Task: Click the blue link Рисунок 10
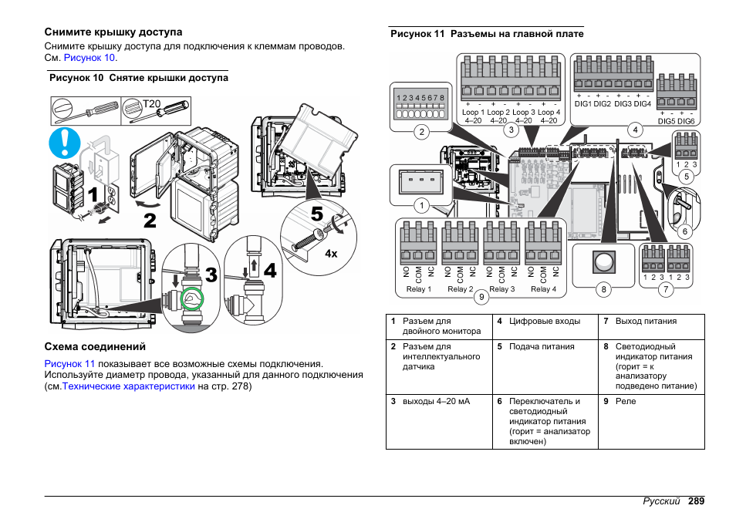coord(89,58)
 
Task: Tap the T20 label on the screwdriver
coord(151,103)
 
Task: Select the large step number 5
coord(318,212)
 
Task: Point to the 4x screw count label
coord(332,254)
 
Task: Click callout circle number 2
coord(422,132)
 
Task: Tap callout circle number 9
coord(481,296)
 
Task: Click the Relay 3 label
coord(502,289)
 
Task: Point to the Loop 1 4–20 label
coord(473,116)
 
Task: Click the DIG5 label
coord(667,121)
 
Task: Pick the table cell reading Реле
coord(626,401)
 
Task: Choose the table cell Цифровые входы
coord(544,322)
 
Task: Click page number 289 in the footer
coord(697,501)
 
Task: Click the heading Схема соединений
coord(95,347)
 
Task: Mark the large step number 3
coord(211,274)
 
